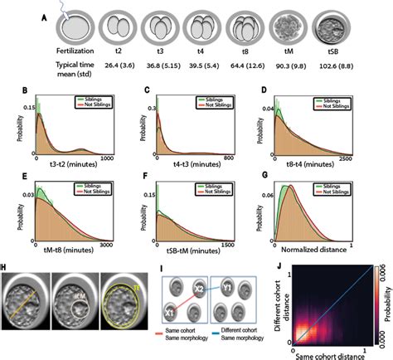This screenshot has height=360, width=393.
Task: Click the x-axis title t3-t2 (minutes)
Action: (70, 166)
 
